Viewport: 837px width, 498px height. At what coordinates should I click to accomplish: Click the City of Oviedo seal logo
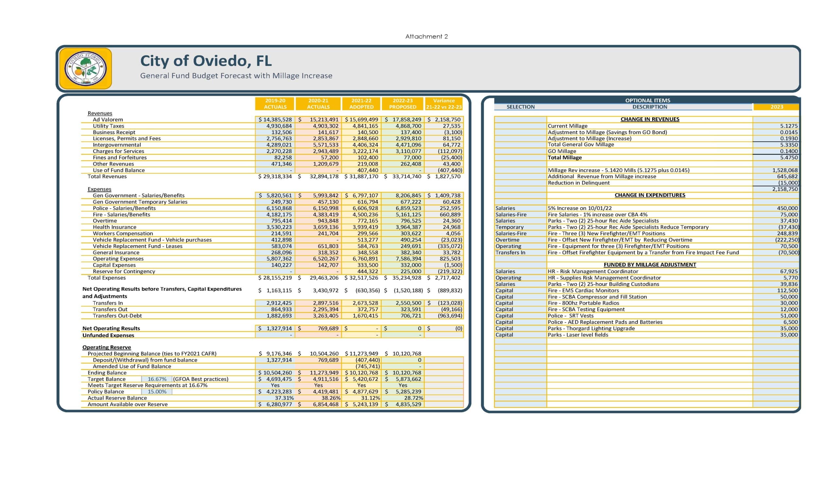pyautogui.click(x=85, y=68)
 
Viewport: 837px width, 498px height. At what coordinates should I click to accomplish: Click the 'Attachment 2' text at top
pyautogui.click(x=426, y=36)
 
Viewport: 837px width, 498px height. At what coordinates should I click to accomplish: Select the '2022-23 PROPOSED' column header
pyautogui.click(x=402, y=104)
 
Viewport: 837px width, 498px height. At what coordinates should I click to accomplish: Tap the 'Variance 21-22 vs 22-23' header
pyautogui.click(x=444, y=104)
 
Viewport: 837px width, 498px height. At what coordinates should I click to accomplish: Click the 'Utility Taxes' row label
pyautogui.click(x=108, y=126)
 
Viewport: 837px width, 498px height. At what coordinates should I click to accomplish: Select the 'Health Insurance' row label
pyautogui.click(x=114, y=227)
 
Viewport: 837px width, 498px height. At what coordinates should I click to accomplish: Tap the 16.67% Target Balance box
pyautogui.click(x=157, y=379)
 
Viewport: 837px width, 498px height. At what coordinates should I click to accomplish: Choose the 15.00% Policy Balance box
pyautogui.click(x=157, y=392)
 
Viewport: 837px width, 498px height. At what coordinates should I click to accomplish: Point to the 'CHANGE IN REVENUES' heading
pyautogui.click(x=649, y=119)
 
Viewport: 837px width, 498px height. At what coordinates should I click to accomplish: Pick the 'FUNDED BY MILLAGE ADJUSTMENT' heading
pyautogui.click(x=649, y=265)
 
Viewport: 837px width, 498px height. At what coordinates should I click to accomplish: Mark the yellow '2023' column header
pyautogui.click(x=777, y=107)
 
